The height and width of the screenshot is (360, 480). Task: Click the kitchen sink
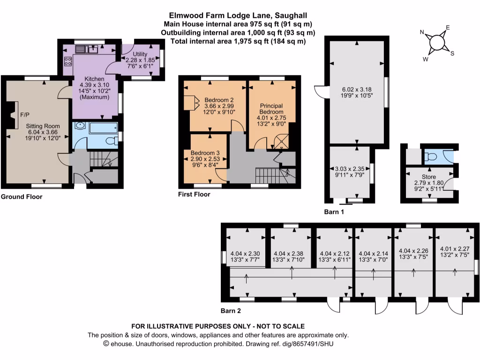(91, 48)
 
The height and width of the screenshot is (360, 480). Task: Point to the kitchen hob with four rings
(67, 62)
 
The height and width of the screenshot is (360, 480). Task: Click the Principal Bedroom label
(271, 109)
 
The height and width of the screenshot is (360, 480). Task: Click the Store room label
(429, 177)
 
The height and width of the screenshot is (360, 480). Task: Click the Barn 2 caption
(231, 310)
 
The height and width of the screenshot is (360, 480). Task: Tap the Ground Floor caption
(21, 197)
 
